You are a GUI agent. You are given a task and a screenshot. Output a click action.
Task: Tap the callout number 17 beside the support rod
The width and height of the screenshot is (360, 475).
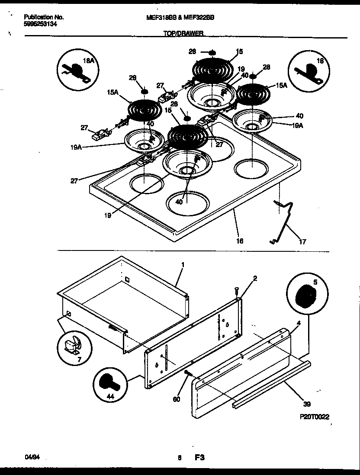(302, 242)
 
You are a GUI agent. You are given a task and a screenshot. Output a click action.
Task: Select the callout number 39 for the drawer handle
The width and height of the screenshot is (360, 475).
(307, 404)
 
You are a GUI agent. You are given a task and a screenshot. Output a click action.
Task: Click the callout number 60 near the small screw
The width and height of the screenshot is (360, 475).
(176, 400)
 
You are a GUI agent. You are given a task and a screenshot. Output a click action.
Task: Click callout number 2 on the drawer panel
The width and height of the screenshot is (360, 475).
(255, 278)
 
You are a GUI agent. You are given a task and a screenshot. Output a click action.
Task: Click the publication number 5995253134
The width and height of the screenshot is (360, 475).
(40, 24)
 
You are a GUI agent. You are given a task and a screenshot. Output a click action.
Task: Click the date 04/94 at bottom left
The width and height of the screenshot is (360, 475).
(30, 456)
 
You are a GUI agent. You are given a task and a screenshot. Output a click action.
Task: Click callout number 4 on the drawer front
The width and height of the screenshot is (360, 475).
(299, 322)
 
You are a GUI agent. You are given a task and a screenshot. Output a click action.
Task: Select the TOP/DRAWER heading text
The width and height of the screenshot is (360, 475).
(183, 33)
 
